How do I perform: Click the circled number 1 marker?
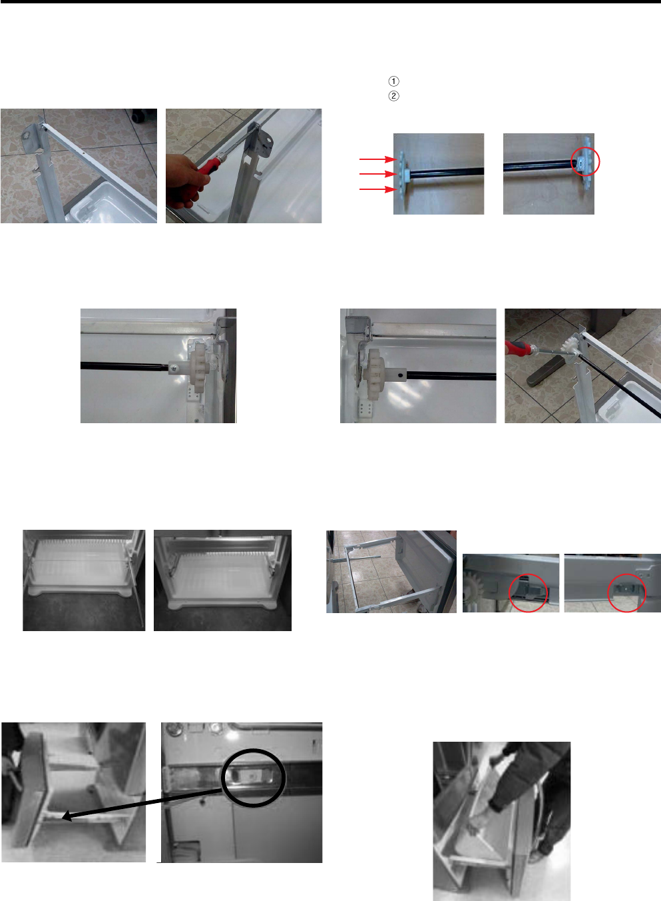(x=394, y=81)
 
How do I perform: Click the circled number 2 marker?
(x=394, y=96)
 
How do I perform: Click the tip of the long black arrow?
(x=63, y=817)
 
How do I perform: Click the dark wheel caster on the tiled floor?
(x=139, y=115)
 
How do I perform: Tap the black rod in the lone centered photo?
(x=124, y=366)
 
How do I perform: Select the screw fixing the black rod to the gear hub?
(x=174, y=367)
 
